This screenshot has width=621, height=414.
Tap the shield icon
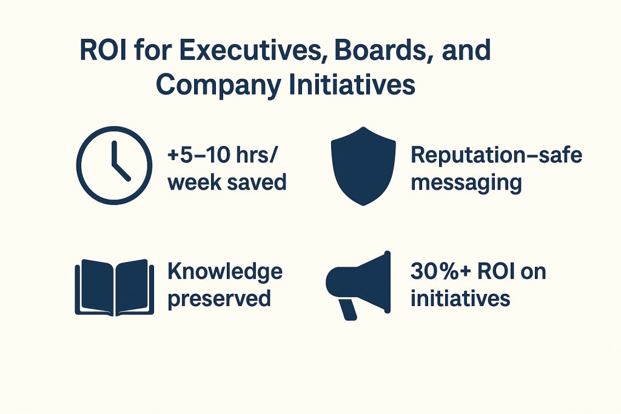(363, 166)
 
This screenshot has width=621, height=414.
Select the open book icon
(115, 287)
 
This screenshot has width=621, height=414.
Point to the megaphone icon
(358, 285)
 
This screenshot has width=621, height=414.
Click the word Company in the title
(218, 85)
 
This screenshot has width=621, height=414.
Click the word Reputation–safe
(496, 155)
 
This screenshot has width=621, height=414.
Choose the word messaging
(466, 184)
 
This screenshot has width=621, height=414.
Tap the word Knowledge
(225, 272)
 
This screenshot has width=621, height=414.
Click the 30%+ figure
(440, 271)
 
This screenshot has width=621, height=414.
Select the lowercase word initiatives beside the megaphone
(460, 298)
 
